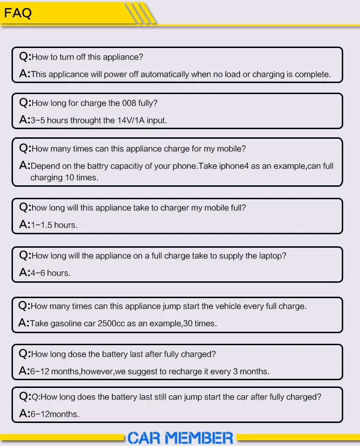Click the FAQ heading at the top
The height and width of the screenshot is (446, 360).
(18, 13)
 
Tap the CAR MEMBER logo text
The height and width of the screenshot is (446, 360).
(180, 437)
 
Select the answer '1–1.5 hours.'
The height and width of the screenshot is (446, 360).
(54, 225)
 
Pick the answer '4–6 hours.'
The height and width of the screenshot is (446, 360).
(50, 273)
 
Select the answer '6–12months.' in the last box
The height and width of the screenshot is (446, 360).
(55, 414)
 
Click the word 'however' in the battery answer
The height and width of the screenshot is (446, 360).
(96, 372)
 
